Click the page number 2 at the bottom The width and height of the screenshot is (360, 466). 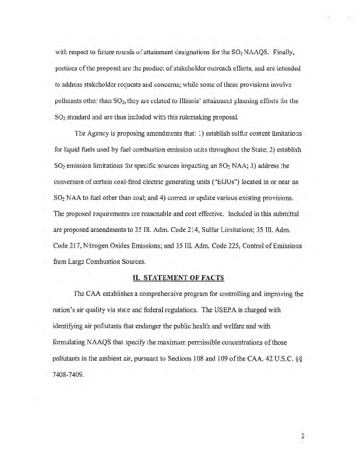coord(303,435)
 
